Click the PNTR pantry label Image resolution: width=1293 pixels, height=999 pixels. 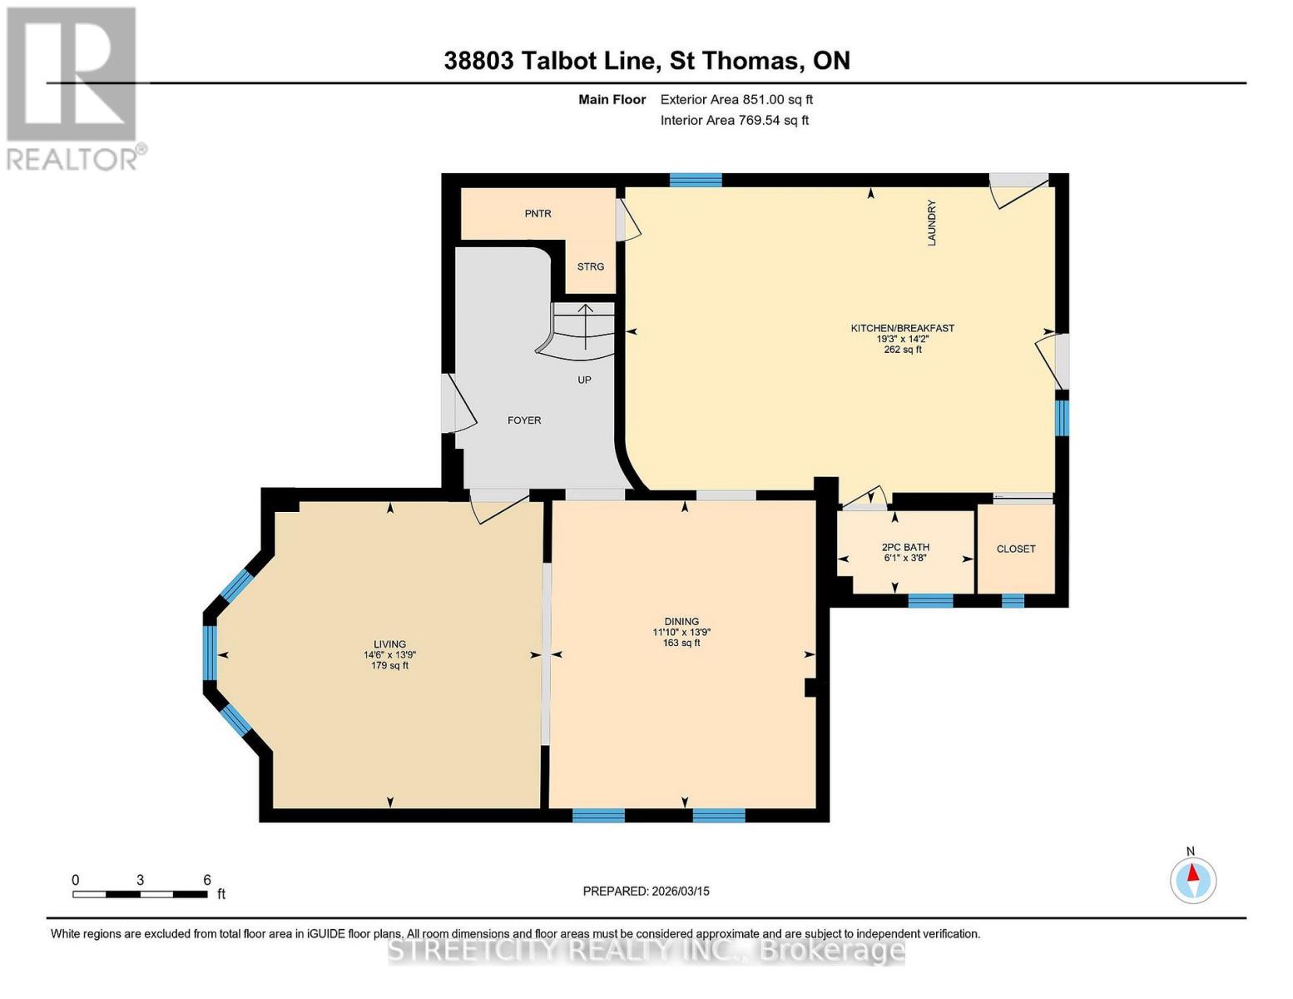click(x=538, y=213)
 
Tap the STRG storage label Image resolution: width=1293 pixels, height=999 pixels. click(x=590, y=266)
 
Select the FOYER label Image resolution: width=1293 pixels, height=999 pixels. click(x=523, y=420)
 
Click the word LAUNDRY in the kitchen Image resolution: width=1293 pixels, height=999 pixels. click(x=931, y=222)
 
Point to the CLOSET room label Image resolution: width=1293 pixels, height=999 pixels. click(x=1016, y=549)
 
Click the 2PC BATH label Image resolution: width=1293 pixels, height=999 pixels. click(x=905, y=546)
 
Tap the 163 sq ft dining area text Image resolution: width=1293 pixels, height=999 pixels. click(x=681, y=643)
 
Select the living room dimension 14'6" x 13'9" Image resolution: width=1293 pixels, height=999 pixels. click(x=389, y=654)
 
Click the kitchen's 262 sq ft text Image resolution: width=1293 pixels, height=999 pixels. click(x=903, y=350)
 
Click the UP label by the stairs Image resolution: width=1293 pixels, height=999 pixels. click(x=584, y=380)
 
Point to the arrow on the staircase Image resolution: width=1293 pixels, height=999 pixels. click(x=586, y=327)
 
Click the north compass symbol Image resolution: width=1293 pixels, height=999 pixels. click(x=1192, y=880)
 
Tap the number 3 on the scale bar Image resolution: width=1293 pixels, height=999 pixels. click(x=140, y=879)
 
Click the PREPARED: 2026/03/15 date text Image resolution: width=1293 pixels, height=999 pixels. click(x=646, y=891)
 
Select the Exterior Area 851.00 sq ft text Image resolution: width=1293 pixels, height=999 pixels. click(x=736, y=99)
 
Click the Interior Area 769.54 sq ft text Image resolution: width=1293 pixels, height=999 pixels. click(x=734, y=120)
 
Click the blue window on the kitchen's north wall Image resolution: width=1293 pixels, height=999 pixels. click(x=696, y=180)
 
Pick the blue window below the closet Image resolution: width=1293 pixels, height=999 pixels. click(x=1013, y=601)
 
